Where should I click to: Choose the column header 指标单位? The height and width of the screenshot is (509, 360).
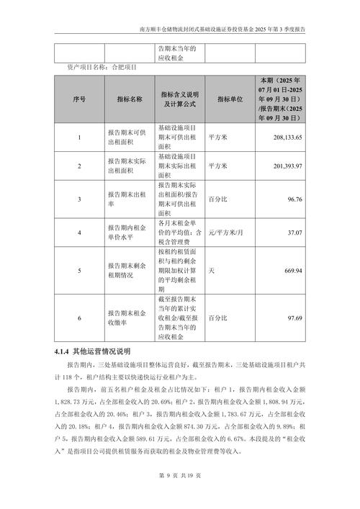click(229, 99)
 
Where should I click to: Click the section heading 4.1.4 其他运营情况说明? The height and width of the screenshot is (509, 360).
click(92, 351)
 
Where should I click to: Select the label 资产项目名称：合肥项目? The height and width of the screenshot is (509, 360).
click(100, 66)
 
